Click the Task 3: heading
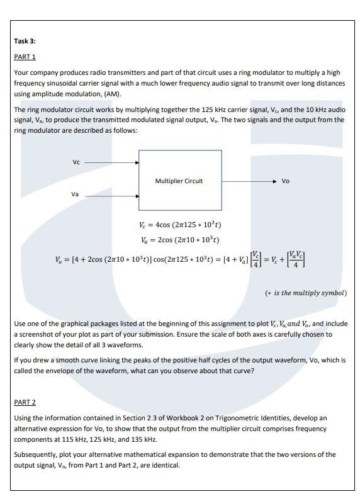click(x=25, y=41)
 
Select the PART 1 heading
click(x=25, y=57)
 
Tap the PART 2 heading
click(x=25, y=402)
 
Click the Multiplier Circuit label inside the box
click(x=179, y=181)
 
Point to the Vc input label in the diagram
click(x=76, y=162)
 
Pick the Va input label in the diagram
click(x=75, y=194)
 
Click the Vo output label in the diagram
click(x=285, y=181)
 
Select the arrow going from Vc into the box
click(x=112, y=162)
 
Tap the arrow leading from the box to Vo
click(x=249, y=181)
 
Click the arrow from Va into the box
click(x=112, y=196)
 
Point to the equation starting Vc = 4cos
click(x=180, y=225)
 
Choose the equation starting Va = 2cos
click(x=180, y=240)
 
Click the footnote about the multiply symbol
click(x=305, y=293)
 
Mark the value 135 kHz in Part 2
click(x=128, y=439)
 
